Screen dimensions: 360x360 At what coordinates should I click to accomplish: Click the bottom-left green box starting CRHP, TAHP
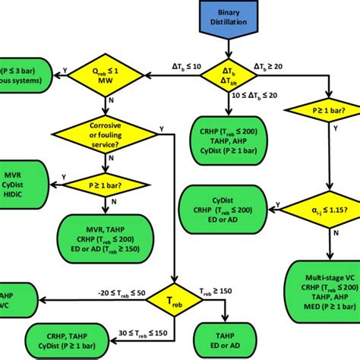pyautogui.click(x=68, y=336)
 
